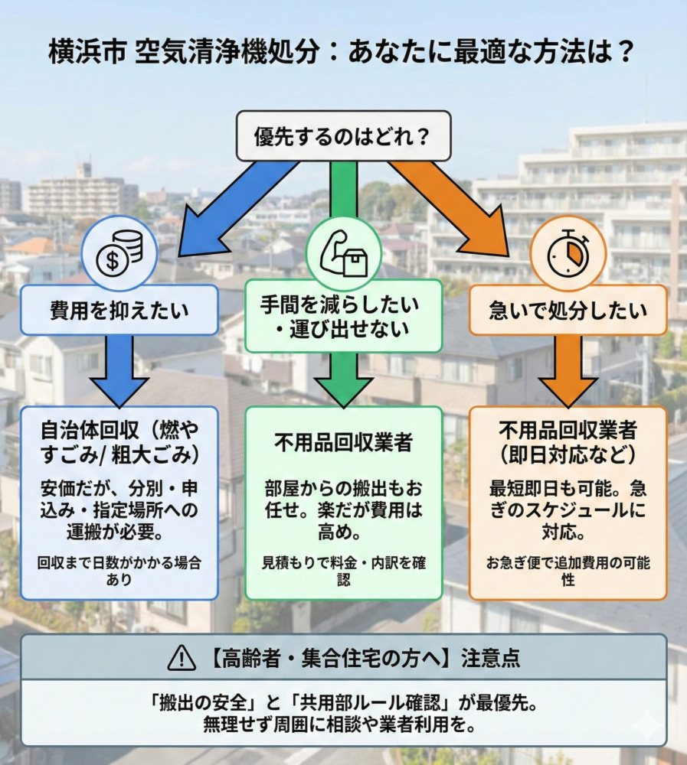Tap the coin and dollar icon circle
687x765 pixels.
click(x=119, y=256)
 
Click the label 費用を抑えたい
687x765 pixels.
click(x=119, y=310)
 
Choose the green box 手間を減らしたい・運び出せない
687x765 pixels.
click(x=343, y=315)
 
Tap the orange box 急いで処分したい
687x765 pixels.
click(x=568, y=310)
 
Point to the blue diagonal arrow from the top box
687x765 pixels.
click(x=230, y=203)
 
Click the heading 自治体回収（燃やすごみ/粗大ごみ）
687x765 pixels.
click(x=119, y=443)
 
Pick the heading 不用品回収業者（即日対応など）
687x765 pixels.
click(x=568, y=443)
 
